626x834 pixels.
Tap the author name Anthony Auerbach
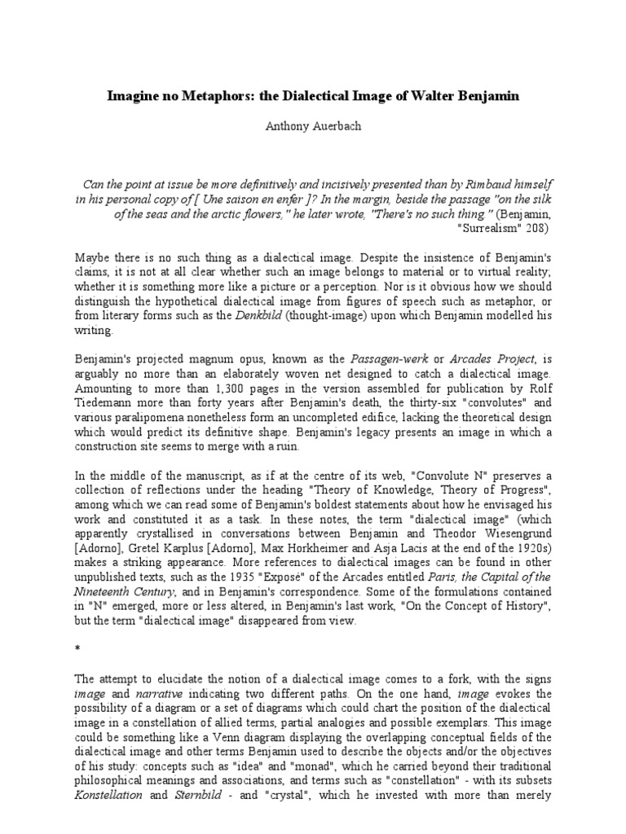point(313,126)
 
